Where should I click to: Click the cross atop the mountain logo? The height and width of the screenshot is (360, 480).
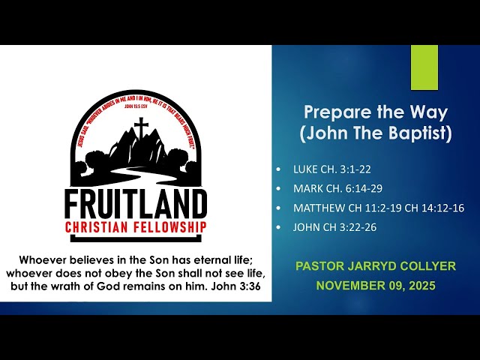tap(140, 128)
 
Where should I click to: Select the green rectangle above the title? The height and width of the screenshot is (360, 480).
tap(424, 67)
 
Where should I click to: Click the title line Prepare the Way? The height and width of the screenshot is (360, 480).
tap(376, 113)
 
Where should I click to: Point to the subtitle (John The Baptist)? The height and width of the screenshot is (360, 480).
tap(376, 134)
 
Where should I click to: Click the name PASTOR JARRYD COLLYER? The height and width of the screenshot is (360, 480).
tap(376, 266)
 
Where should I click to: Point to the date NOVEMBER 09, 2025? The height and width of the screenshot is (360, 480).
tap(376, 285)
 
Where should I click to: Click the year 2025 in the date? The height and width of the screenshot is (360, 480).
tap(419, 285)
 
